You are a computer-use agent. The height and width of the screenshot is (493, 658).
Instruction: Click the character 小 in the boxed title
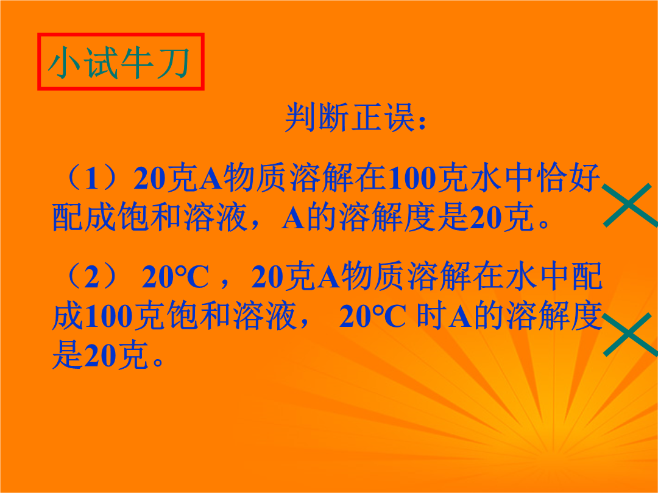(x=64, y=63)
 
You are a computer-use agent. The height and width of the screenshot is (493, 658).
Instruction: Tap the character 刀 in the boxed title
(x=174, y=63)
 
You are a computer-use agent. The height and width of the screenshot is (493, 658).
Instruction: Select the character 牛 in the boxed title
(x=137, y=63)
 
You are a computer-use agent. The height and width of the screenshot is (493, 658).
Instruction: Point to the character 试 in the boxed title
(x=101, y=63)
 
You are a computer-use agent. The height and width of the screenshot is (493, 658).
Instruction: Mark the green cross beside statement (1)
(x=630, y=205)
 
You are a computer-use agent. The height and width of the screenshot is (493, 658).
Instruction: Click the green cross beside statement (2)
(x=630, y=335)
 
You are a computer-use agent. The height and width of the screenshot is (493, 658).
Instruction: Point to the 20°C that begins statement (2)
(x=175, y=277)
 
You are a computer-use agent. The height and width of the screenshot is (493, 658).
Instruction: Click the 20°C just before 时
(x=373, y=316)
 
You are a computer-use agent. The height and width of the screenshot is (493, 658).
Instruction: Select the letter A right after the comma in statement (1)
(x=293, y=217)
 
